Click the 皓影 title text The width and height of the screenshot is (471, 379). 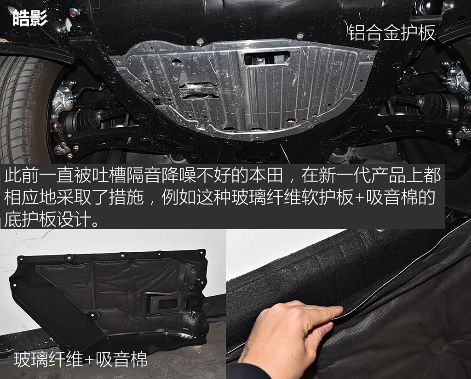tap(30, 18)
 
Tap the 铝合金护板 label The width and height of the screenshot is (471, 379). tap(392, 33)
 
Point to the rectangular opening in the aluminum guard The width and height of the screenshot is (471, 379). tap(267, 58)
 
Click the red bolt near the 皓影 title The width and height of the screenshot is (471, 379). tap(73, 13)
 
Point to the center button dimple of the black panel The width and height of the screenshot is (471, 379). tap(129, 292)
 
